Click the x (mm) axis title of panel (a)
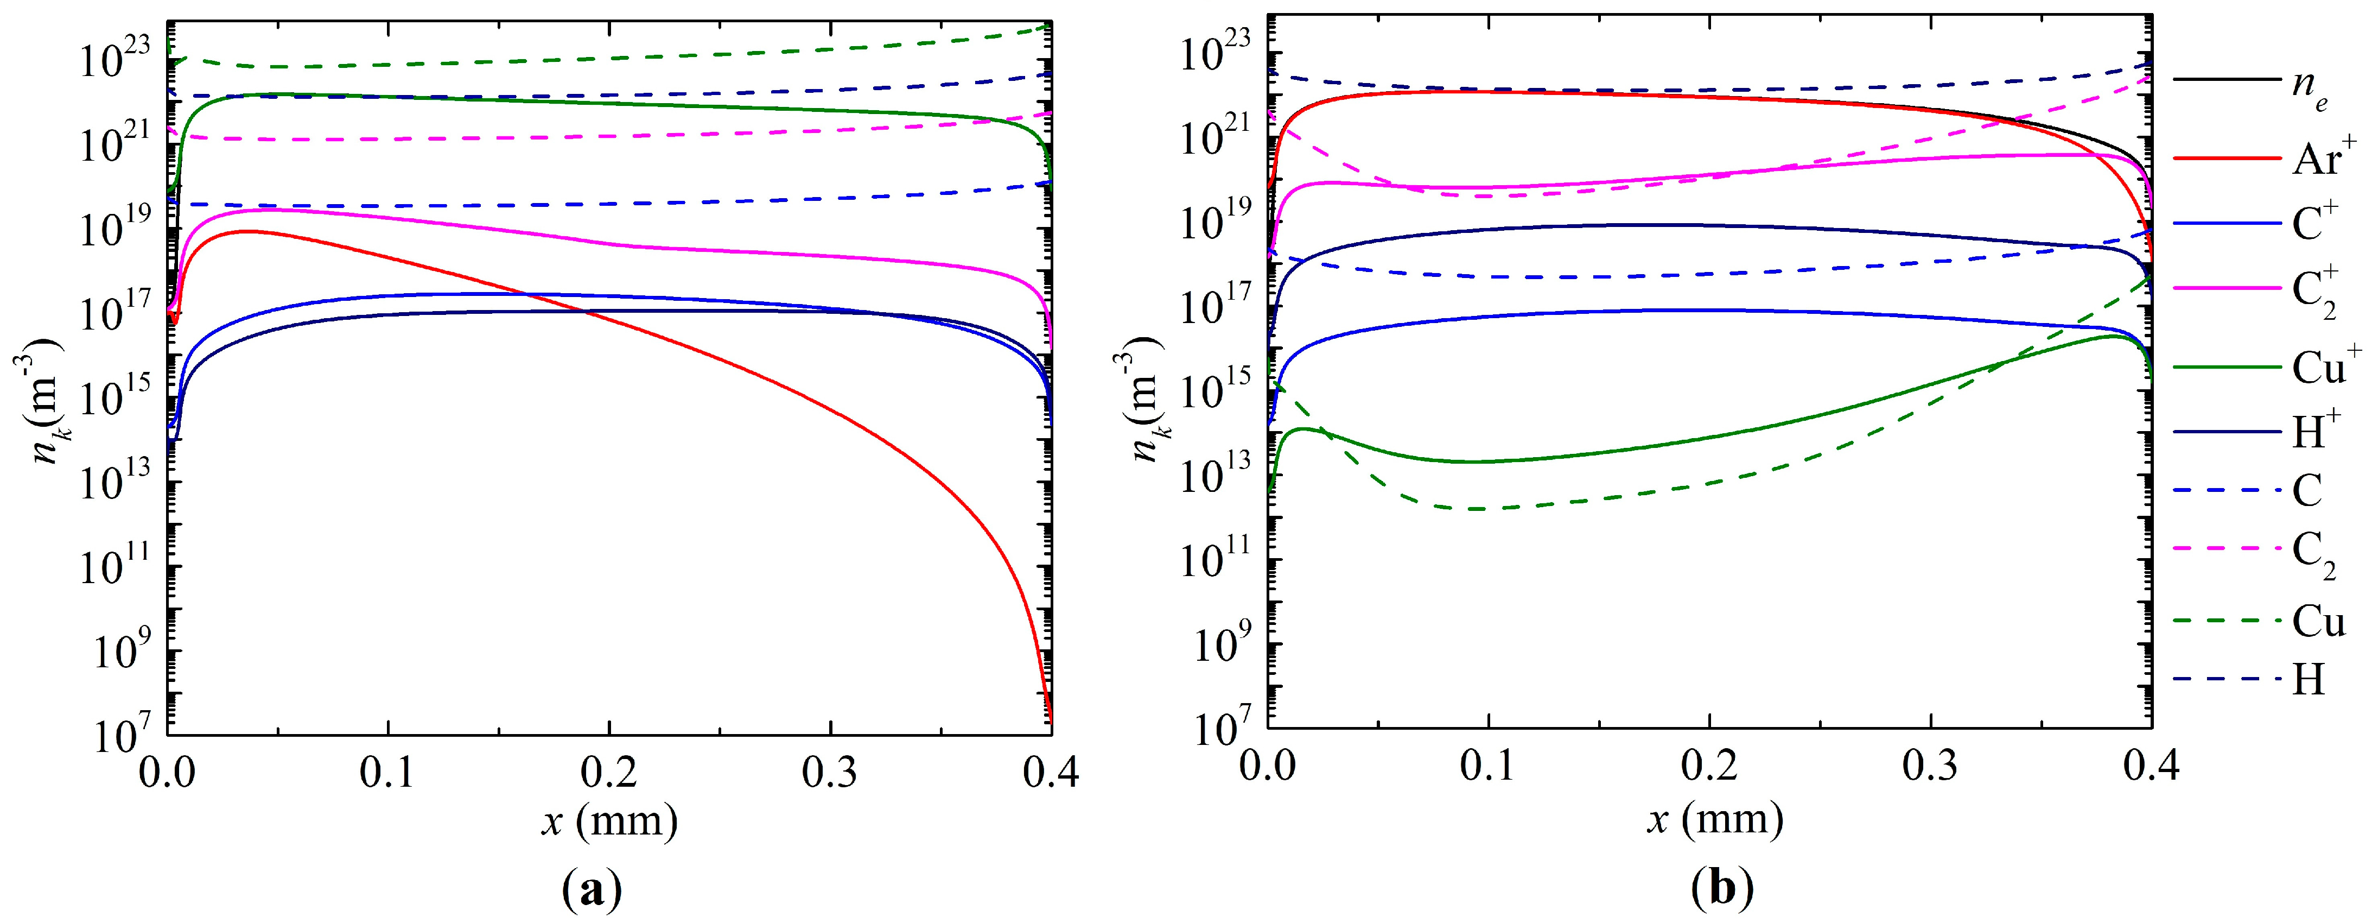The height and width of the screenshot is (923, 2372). [609, 819]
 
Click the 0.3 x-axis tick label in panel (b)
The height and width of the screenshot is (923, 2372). [1931, 767]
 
